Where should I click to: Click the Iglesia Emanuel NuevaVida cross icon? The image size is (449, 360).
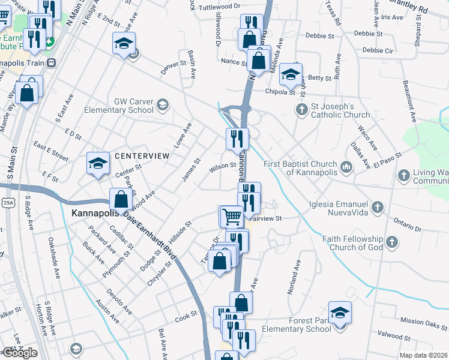click(x=377, y=208)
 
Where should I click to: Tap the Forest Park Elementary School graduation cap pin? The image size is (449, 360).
click(x=340, y=313)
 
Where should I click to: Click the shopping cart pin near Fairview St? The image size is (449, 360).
click(x=232, y=215)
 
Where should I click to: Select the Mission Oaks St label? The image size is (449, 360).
click(x=423, y=322)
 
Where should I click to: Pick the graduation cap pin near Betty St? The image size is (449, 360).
click(x=291, y=75)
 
